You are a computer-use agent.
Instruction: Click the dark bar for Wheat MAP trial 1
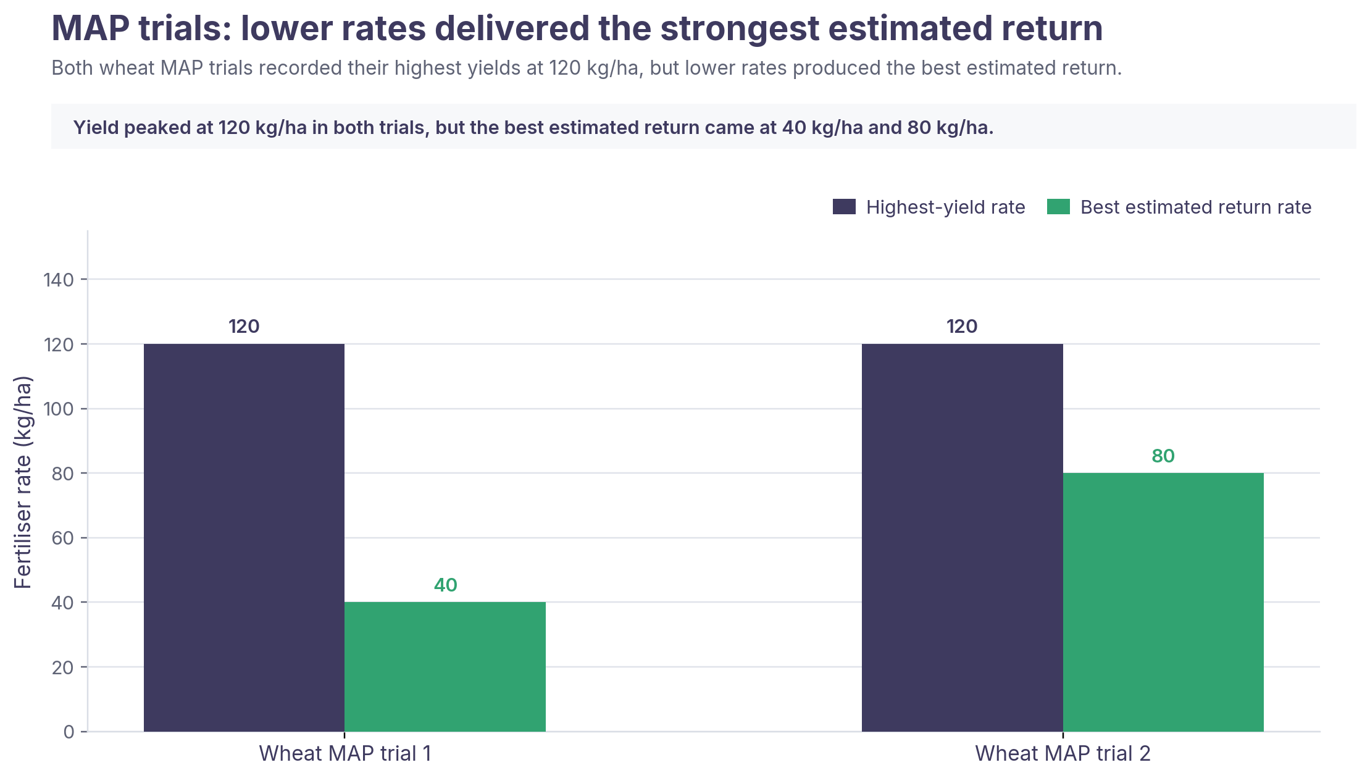(x=244, y=537)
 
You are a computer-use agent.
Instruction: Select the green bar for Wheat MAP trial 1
(x=445, y=667)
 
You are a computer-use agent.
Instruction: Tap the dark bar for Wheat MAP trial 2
(x=963, y=537)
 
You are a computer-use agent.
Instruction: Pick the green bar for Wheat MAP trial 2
(x=1163, y=602)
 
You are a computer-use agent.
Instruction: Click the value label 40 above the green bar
(x=446, y=585)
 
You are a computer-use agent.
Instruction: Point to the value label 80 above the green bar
(x=1163, y=456)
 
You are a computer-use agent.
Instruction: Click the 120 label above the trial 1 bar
(x=244, y=326)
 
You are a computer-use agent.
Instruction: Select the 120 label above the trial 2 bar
(x=962, y=326)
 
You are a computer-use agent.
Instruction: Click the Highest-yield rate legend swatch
(x=844, y=207)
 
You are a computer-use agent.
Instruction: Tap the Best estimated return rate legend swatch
(x=1058, y=207)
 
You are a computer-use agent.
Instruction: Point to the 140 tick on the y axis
(x=59, y=280)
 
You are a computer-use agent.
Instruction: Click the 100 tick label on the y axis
(x=59, y=409)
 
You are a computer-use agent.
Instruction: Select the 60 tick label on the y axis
(x=62, y=538)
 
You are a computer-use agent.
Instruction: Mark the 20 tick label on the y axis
(x=62, y=667)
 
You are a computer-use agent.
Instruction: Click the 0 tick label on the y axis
(x=69, y=732)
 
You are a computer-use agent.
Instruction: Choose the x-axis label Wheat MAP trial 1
(x=345, y=753)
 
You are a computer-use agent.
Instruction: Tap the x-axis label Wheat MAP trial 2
(x=1063, y=753)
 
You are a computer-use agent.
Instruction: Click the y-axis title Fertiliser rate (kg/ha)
(x=23, y=482)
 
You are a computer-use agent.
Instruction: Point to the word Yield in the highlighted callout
(x=91, y=127)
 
